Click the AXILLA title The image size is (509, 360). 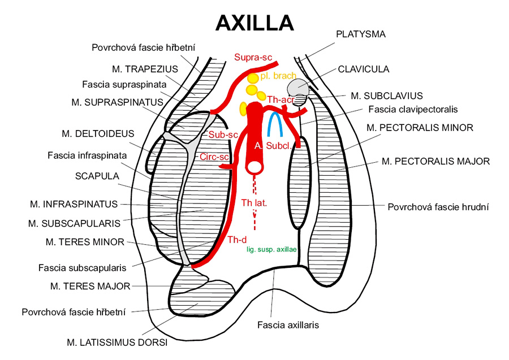pyautogui.click(x=255, y=23)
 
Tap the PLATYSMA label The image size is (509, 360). pyautogui.click(x=360, y=34)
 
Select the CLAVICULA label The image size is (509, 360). pyautogui.click(x=364, y=69)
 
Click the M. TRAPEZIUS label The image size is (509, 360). pyautogui.click(x=145, y=69)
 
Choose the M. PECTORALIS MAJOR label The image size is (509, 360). pyautogui.click(x=435, y=162)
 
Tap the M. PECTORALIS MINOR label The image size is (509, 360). pyautogui.click(x=420, y=128)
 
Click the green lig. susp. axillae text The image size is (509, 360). pyautogui.click(x=271, y=249)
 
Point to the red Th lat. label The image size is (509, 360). pyautogui.click(x=255, y=202)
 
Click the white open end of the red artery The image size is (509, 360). pyautogui.click(x=255, y=167)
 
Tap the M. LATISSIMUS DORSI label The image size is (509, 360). pyautogui.click(x=117, y=341)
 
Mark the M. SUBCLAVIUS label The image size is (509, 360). pyautogui.click(x=386, y=96)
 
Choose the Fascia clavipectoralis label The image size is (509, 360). pyautogui.click(x=412, y=109)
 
